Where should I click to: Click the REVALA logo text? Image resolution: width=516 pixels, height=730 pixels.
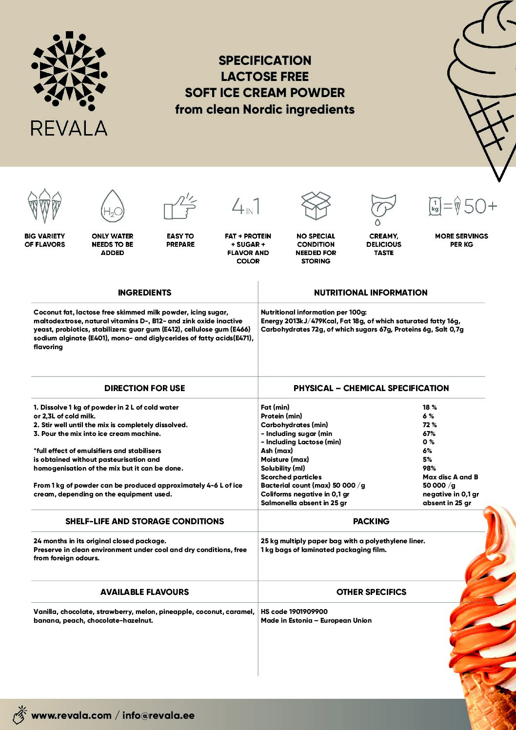[x=69, y=128]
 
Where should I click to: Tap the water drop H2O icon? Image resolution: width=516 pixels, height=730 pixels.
[x=112, y=207]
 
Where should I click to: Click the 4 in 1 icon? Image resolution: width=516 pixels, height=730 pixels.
[x=246, y=206]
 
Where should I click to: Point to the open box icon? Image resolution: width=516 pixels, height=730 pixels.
[x=316, y=205]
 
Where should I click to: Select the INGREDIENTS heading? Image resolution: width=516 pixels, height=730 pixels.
[x=144, y=293]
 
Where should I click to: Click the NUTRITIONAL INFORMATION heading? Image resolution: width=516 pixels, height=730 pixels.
[x=371, y=293]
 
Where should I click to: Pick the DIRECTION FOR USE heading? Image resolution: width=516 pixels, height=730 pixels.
[x=144, y=388]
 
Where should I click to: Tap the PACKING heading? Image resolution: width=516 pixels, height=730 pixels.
[x=371, y=521]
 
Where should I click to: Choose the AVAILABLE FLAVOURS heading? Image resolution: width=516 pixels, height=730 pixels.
[x=144, y=592]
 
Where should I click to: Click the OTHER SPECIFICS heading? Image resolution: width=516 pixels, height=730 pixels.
[x=371, y=592]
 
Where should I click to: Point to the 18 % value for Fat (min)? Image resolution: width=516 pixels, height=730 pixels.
[x=430, y=407]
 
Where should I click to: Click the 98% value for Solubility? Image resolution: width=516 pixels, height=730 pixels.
[x=429, y=468]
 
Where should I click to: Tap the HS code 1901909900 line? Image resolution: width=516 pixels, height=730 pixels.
[x=294, y=612]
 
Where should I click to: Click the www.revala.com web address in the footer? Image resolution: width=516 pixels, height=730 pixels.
[x=71, y=715]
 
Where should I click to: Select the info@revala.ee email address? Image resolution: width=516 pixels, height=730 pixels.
[x=159, y=715]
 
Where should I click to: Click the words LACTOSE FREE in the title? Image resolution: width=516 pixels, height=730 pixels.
[x=265, y=77]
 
